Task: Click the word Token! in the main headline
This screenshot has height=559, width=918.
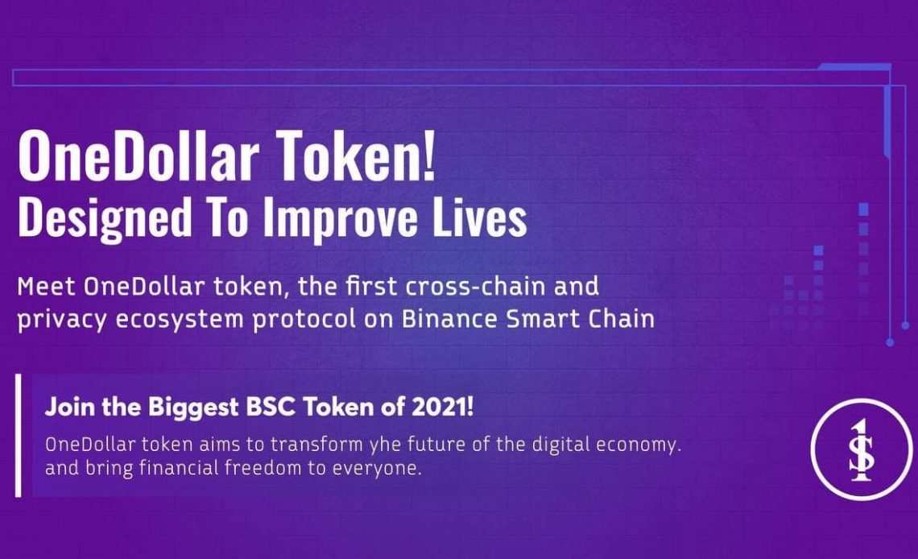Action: click(356, 155)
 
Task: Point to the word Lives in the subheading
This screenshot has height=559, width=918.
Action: click(480, 217)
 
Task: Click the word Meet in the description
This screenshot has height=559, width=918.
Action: click(46, 287)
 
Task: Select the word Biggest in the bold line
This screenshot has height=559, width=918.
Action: click(194, 408)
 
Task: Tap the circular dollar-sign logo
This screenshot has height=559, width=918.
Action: click(861, 449)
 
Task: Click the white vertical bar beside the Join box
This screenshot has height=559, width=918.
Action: click(19, 436)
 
